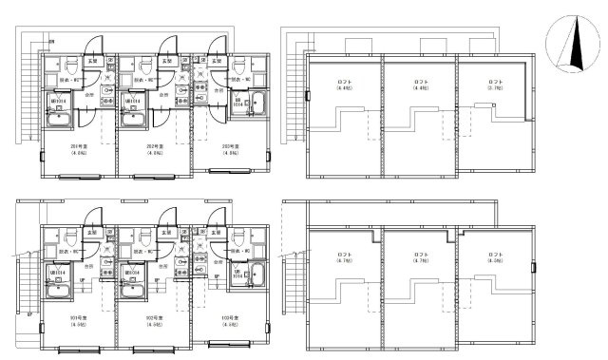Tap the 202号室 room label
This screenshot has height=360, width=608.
155,146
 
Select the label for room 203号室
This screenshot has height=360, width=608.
230,146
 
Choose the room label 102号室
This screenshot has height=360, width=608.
155,318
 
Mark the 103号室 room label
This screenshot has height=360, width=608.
230,318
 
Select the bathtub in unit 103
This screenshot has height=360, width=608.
257,276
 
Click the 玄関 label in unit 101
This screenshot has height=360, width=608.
91,233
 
